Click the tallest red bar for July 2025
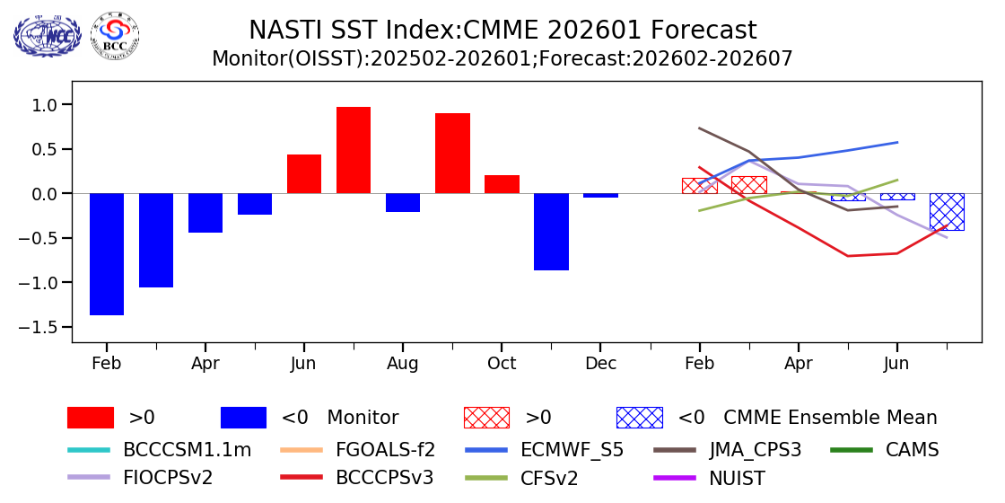tap(354, 150)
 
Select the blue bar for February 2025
tap(107, 254)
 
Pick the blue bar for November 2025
tap(551, 232)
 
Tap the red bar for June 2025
tap(304, 174)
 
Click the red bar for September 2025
tap(452, 154)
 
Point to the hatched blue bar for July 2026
tap(947, 212)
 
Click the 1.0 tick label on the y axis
tap(45, 105)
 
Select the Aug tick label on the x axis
tap(403, 364)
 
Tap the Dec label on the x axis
tap(600, 364)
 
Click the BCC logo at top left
tap(115, 35)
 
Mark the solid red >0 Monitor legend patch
tap(91, 418)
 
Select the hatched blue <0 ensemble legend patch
tap(639, 418)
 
